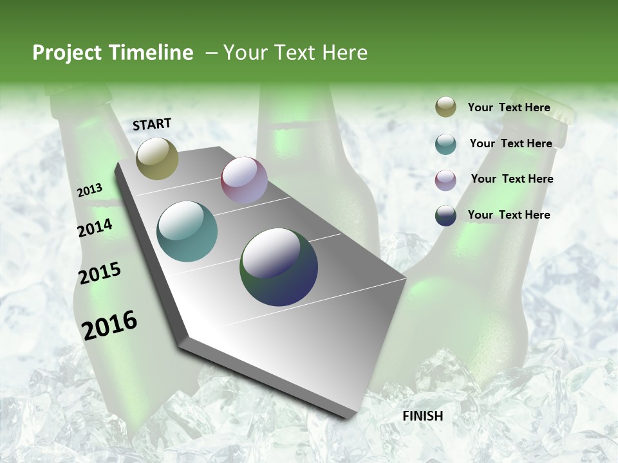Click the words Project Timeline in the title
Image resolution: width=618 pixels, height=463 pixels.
click(113, 53)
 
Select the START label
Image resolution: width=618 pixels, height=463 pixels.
click(152, 124)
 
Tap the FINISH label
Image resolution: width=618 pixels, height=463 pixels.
click(422, 416)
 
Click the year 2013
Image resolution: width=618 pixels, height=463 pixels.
click(89, 190)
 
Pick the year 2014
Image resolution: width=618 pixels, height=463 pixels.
click(95, 228)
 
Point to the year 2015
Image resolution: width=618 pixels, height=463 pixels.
click(99, 273)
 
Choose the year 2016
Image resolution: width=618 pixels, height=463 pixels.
click(109, 325)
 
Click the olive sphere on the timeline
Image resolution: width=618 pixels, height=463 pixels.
click(157, 158)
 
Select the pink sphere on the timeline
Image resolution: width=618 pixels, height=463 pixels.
click(244, 179)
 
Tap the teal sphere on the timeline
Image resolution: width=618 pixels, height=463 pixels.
click(187, 232)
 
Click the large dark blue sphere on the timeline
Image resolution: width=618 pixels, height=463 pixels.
click(279, 267)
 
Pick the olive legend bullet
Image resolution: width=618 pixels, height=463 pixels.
click(445, 107)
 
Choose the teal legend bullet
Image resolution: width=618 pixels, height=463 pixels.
click(445, 144)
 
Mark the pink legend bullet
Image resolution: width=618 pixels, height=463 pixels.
click(445, 179)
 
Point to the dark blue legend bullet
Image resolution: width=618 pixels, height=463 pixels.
click(445, 215)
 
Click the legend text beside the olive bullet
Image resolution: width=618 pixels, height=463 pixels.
click(509, 107)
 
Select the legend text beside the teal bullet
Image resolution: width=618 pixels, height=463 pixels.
click(510, 143)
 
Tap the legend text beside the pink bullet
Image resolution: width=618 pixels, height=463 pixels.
click(512, 179)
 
